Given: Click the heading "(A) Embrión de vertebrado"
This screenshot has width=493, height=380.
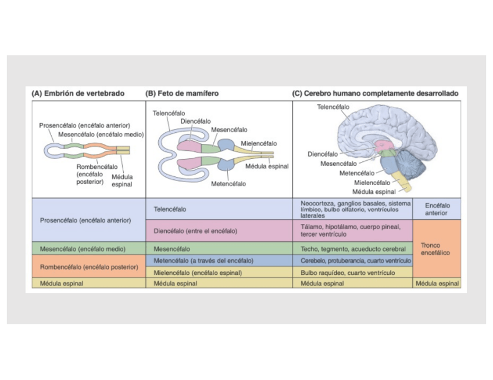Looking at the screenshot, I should click(77, 93).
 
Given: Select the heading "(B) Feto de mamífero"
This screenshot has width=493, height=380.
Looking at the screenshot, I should click(181, 93).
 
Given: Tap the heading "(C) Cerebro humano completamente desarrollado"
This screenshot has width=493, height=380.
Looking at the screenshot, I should click(375, 93).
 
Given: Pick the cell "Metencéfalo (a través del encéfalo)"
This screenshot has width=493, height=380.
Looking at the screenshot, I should click(198, 260).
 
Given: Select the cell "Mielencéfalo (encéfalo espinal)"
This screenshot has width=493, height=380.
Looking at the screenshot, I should click(197, 272).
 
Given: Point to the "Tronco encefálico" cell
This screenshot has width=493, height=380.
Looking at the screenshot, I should click(437, 249).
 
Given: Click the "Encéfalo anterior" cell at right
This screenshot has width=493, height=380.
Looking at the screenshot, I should click(437, 209).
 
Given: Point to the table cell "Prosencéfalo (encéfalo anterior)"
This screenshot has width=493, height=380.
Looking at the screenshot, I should click(85, 220).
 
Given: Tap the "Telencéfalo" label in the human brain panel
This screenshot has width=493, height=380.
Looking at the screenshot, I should click(333, 107).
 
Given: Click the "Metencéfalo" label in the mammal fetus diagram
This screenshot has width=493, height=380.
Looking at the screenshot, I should click(228, 184).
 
